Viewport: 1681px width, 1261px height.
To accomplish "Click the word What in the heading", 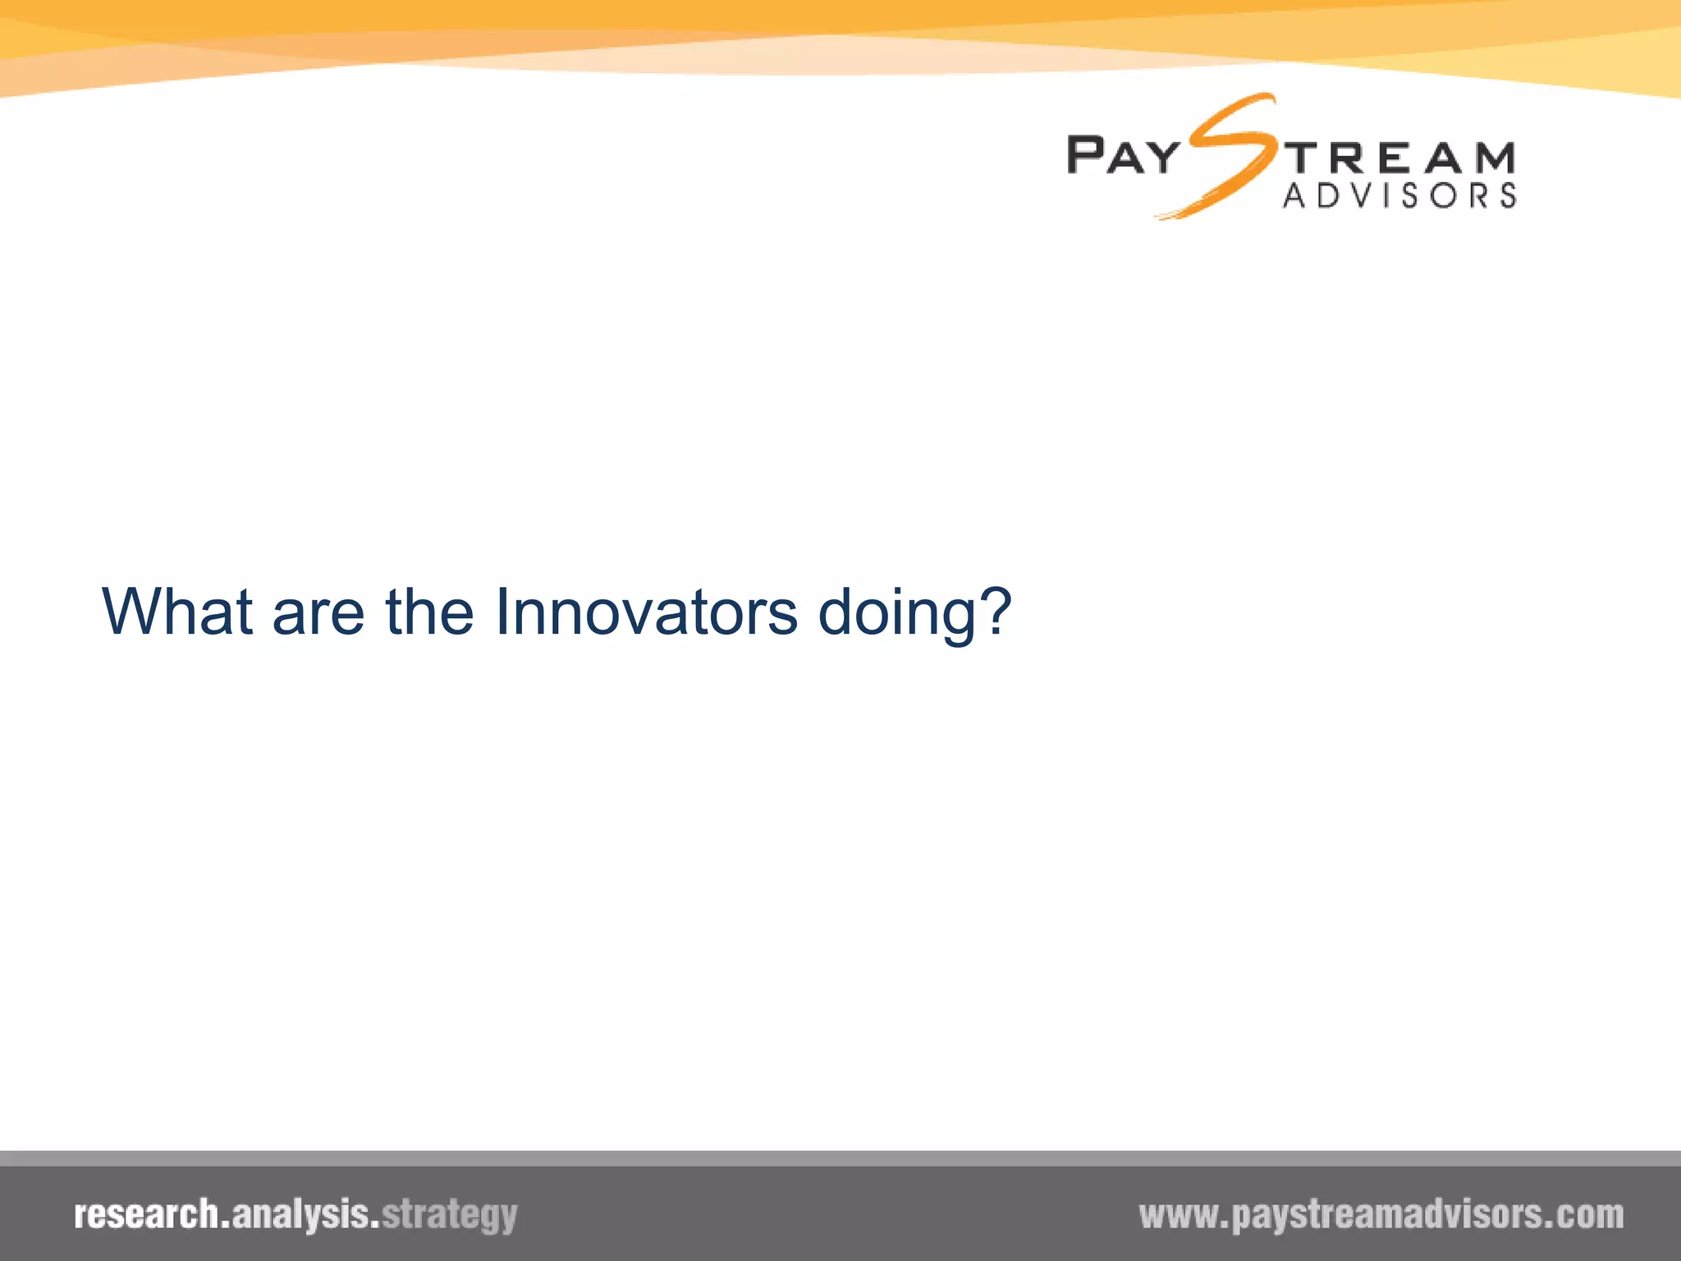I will pyautogui.click(x=176, y=612).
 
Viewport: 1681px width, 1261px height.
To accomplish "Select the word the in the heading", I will pyautogui.click(x=429, y=612).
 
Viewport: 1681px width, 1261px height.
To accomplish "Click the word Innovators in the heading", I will pyautogui.click(x=646, y=612).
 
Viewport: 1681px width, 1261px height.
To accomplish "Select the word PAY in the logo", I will pyautogui.click(x=1123, y=156).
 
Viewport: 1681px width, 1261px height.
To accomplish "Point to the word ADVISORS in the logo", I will pyautogui.click(x=1399, y=196).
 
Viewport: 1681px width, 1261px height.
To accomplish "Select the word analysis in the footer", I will pyautogui.click(x=300, y=1214).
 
